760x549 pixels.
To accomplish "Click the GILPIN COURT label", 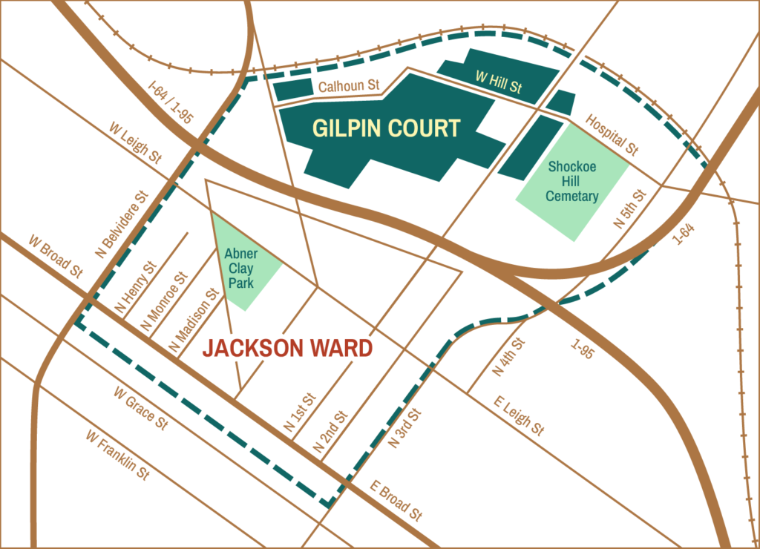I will click(x=386, y=128).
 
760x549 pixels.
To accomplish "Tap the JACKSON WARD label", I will click(x=288, y=348).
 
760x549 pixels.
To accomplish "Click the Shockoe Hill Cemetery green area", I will click(x=572, y=182).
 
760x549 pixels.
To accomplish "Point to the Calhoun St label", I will click(x=349, y=87).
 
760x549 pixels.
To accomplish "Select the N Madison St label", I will click(x=194, y=319).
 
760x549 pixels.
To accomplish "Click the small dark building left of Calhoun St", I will click(x=293, y=89).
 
